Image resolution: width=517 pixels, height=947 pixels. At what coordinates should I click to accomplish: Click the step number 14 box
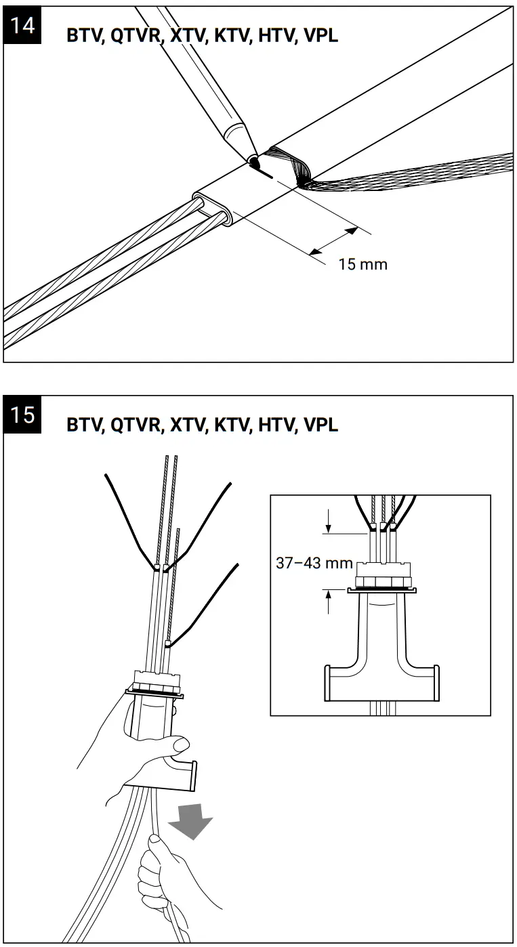[22, 26]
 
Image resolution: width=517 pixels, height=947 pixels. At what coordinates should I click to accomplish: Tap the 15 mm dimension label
[363, 264]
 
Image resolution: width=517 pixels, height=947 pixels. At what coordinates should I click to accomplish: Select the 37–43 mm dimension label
[314, 563]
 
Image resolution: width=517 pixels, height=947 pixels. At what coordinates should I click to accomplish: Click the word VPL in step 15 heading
[320, 425]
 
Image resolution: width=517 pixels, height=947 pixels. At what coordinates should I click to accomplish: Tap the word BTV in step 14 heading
[83, 36]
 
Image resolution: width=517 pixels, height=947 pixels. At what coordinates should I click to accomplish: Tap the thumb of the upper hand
[180, 744]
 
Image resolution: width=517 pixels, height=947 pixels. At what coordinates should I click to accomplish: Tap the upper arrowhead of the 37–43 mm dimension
[329, 530]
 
